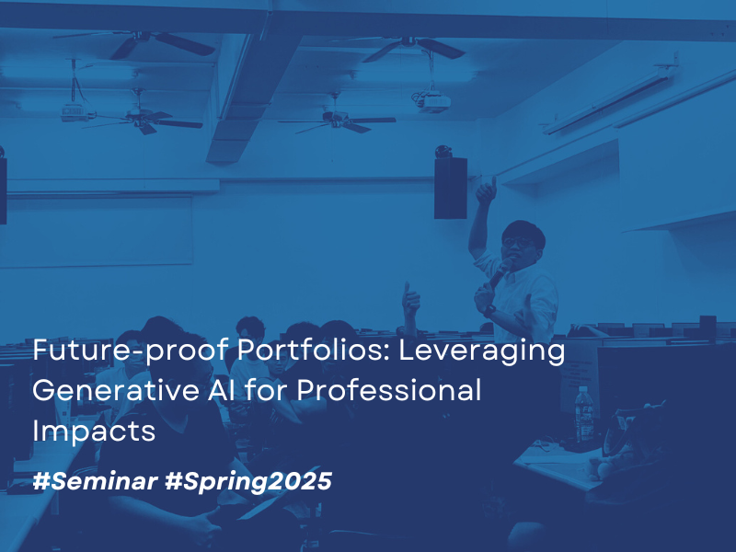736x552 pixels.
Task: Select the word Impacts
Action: click(94, 431)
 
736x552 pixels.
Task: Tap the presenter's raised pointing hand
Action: click(484, 190)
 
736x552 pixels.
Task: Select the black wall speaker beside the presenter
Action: click(450, 188)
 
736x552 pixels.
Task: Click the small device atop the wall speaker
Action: click(444, 150)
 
